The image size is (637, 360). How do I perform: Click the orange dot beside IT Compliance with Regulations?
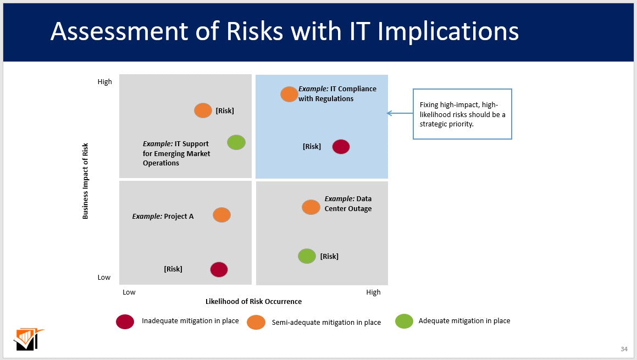(289, 95)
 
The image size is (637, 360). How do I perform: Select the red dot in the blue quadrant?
(341, 147)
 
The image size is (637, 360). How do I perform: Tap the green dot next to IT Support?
(236, 142)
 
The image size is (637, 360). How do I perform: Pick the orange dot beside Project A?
(221, 215)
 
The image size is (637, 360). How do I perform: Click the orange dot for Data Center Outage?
(311, 207)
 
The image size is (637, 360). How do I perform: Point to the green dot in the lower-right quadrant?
(307, 256)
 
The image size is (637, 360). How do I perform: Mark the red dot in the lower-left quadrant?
(219, 269)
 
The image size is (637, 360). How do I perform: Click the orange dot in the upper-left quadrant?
(203, 110)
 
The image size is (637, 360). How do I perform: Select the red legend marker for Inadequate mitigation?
(125, 322)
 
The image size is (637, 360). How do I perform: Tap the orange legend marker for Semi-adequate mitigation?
(256, 322)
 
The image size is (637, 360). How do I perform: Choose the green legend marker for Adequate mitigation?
(404, 321)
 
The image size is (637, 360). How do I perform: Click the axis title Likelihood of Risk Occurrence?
(253, 302)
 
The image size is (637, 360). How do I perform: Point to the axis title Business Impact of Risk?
(85, 181)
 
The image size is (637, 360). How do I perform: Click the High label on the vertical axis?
(105, 82)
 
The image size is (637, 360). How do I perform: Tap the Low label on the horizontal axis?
(129, 292)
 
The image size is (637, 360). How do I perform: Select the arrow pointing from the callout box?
(400, 113)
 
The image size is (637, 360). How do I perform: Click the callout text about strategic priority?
(463, 114)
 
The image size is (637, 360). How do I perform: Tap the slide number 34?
(624, 349)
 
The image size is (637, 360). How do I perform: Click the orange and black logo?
(29, 339)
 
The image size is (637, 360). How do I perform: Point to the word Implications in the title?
(448, 31)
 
